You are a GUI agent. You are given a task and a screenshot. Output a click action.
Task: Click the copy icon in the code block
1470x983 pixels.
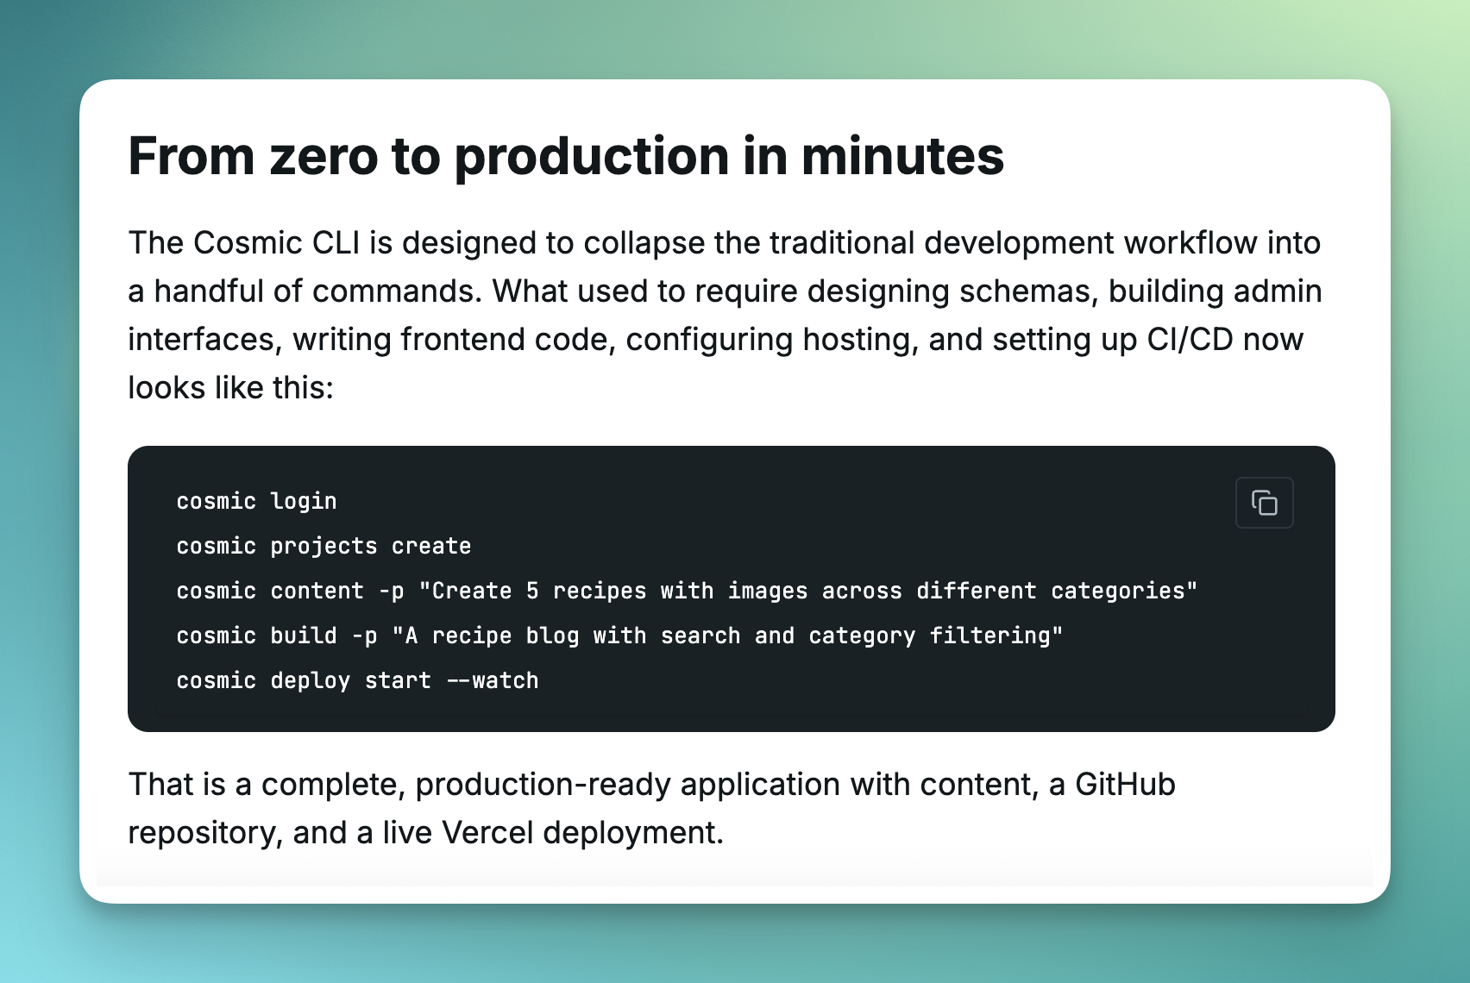1264,503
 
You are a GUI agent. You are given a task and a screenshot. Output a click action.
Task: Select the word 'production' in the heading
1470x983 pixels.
591,159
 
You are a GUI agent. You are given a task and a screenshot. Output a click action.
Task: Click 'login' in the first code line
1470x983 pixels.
303,502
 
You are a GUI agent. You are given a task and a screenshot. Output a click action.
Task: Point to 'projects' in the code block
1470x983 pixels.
324,547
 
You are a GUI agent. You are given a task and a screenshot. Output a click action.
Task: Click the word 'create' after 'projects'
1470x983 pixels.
431,547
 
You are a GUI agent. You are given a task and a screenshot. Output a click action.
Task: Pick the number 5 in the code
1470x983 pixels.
532,591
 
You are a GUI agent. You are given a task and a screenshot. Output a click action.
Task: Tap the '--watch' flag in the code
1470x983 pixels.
493,680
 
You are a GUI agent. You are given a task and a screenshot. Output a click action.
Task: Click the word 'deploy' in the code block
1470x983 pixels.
311,681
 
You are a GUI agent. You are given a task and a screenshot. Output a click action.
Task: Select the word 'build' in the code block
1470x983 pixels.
304,636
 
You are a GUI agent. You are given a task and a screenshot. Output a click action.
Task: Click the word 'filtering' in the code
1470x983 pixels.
990,636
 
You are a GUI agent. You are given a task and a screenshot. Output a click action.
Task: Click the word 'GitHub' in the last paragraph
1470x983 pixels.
1125,785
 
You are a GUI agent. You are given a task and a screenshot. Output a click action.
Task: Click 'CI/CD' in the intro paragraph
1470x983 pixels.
1190,340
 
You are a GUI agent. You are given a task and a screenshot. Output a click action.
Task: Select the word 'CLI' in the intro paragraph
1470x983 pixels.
336,242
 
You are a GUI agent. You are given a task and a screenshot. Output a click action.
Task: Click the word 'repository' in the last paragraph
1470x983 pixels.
205,834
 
